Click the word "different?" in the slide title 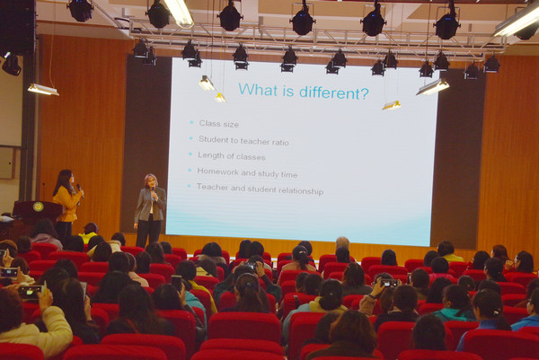click(x=334, y=92)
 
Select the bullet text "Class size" click(x=218, y=124)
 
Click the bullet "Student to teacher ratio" click(x=243, y=140)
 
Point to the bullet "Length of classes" click(x=232, y=156)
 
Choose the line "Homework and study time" click(x=247, y=172)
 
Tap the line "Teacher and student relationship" click(x=260, y=189)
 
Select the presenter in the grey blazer click(x=150, y=210)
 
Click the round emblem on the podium click(x=38, y=206)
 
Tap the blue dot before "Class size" click(x=191, y=122)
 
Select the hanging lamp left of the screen click(x=43, y=89)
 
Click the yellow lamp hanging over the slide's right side click(x=392, y=105)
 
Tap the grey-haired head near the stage click(x=342, y=242)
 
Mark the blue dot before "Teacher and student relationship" click(x=189, y=186)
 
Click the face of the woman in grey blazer click(x=151, y=182)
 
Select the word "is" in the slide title click(x=288, y=90)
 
